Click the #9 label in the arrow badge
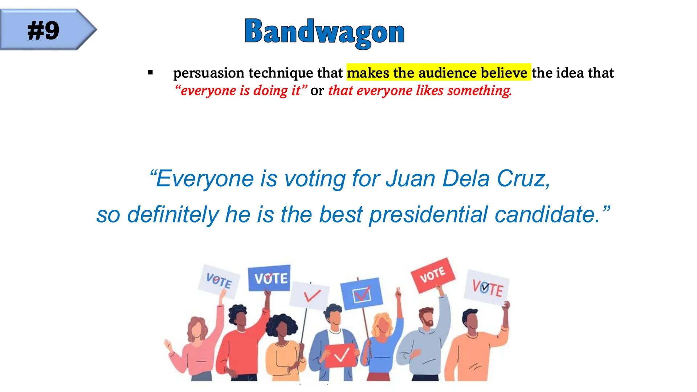(x=43, y=30)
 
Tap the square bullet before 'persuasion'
(x=150, y=73)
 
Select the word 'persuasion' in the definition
(x=209, y=73)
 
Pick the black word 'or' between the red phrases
(x=317, y=91)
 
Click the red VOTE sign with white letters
(x=433, y=275)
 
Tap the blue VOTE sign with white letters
(x=269, y=278)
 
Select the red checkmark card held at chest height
(x=340, y=355)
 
